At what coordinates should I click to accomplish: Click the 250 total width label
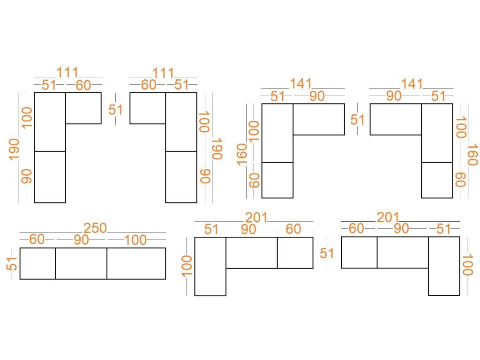click(x=95, y=228)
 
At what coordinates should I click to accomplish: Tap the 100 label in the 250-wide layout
click(x=135, y=240)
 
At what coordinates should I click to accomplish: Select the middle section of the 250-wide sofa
click(x=81, y=263)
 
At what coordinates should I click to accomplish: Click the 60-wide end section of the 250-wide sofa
click(x=37, y=263)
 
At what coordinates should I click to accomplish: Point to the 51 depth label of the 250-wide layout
click(x=11, y=263)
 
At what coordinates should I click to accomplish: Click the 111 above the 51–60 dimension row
click(x=67, y=73)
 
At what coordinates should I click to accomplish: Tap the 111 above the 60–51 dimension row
click(x=163, y=73)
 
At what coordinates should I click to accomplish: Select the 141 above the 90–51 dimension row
click(x=412, y=84)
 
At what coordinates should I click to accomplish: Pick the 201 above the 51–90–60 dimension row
click(x=256, y=217)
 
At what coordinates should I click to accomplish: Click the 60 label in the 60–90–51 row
click(x=356, y=229)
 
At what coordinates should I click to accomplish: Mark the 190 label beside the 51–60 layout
click(x=14, y=150)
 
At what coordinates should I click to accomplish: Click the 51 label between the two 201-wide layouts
click(x=327, y=254)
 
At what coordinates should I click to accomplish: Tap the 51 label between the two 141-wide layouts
click(x=358, y=120)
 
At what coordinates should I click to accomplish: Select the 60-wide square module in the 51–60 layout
click(x=83, y=108)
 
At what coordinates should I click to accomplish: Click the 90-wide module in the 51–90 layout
click(x=319, y=119)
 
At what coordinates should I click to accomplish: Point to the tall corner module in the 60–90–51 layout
click(x=444, y=266)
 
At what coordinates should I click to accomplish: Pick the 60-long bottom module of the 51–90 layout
click(x=277, y=180)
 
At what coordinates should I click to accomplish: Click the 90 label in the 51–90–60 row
click(x=248, y=229)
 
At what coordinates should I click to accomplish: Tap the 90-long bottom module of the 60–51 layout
click(x=181, y=177)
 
